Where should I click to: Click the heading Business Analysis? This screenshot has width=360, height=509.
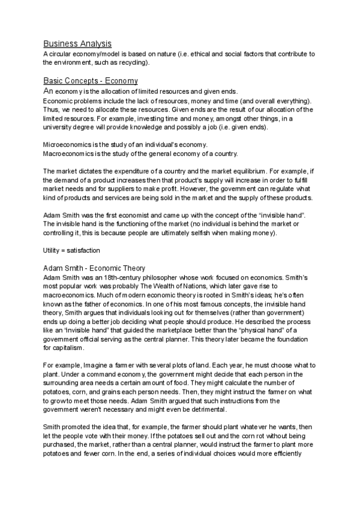(x=77, y=43)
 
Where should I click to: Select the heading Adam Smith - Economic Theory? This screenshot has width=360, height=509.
(x=94, y=268)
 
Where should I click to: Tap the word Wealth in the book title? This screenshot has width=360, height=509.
(x=154, y=286)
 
